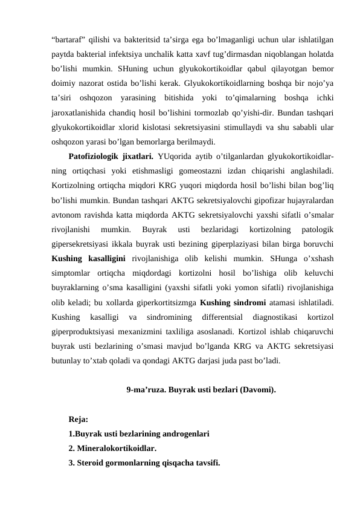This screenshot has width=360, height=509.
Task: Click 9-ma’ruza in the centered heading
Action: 147,390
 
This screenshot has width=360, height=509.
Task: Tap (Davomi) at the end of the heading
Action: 259,390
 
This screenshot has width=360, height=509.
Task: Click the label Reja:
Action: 79,419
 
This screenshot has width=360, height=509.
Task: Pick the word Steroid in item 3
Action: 93,463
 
